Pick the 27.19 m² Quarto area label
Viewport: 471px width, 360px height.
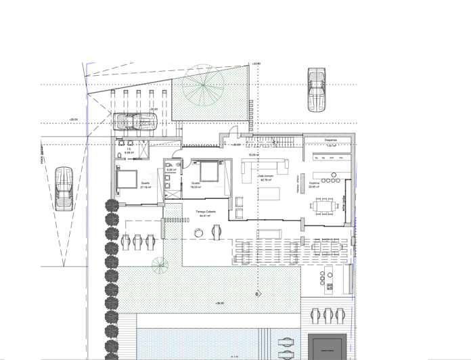pyautogui.click(x=145, y=186)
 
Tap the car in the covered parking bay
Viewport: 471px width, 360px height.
pyautogui.click(x=136, y=122)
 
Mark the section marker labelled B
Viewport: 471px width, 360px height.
pyautogui.click(x=256, y=294)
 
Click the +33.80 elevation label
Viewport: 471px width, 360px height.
pyautogui.click(x=255, y=64)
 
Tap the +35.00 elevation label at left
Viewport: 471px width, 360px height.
pyautogui.click(x=73, y=120)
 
